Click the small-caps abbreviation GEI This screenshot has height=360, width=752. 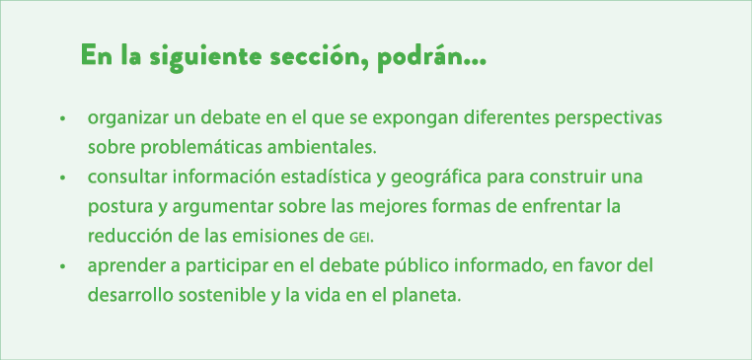click(362, 239)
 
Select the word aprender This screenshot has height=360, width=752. click(123, 267)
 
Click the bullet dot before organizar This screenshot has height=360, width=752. click(62, 118)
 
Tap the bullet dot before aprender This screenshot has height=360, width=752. click(62, 267)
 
